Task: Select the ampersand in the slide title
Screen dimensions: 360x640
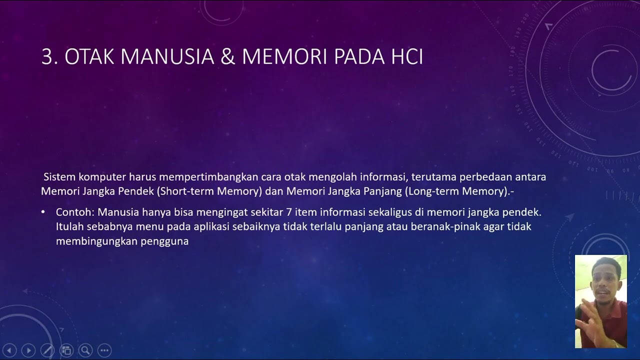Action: click(227, 57)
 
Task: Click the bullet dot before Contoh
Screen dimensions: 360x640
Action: click(43, 212)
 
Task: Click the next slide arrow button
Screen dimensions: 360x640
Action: click(28, 350)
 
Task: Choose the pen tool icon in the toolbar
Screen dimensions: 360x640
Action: click(47, 350)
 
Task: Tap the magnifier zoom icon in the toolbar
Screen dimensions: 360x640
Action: click(85, 350)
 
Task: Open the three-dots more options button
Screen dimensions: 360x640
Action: click(104, 350)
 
